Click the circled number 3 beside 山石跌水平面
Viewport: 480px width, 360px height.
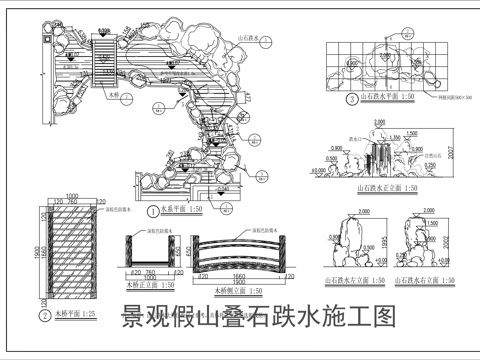point(352,99)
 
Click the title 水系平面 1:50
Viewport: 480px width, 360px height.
point(182,211)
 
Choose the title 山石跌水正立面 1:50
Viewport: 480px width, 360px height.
point(386,186)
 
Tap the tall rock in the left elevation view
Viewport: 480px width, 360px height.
point(349,239)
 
